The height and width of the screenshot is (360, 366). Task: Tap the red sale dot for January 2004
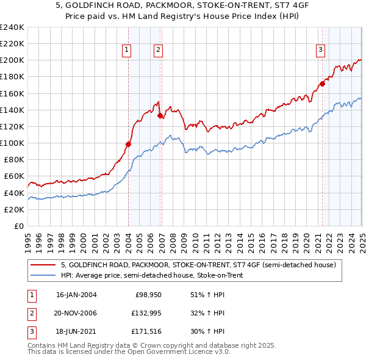click(x=129, y=144)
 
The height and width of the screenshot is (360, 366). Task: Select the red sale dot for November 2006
click(x=160, y=115)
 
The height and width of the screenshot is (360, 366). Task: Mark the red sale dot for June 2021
click(x=322, y=84)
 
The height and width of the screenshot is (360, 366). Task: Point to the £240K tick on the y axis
click(x=12, y=27)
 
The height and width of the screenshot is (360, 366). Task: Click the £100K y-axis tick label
click(x=12, y=143)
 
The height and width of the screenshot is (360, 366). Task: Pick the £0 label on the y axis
click(x=18, y=226)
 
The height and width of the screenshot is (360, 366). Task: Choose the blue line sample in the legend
click(x=42, y=275)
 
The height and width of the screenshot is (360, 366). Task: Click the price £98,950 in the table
click(x=149, y=295)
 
